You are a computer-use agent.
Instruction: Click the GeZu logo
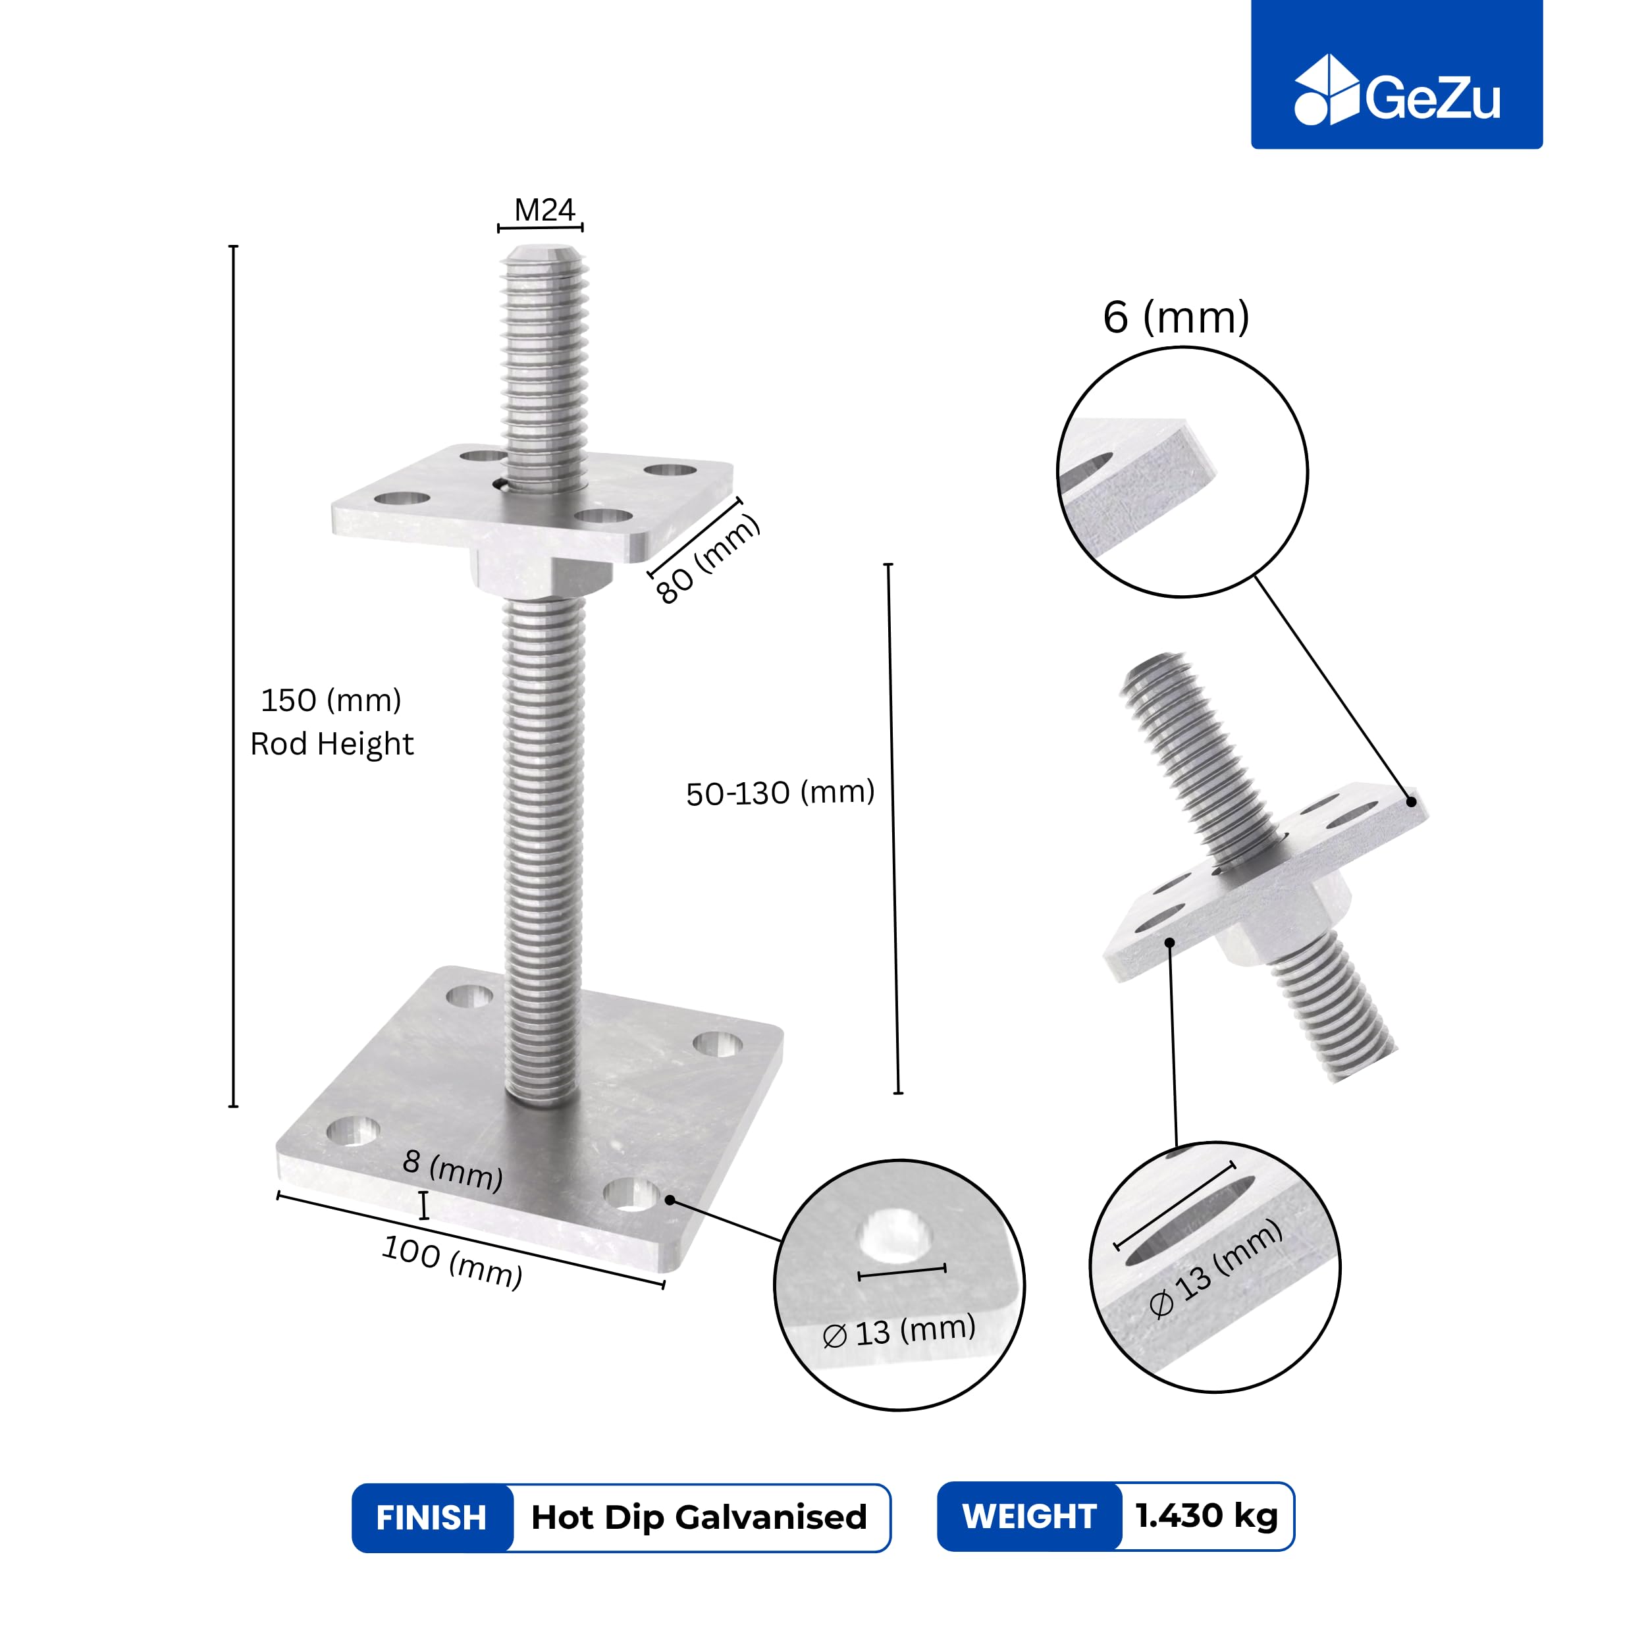pos(1396,91)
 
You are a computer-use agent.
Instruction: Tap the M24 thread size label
pos(544,209)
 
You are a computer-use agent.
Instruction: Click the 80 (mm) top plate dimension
pos(706,559)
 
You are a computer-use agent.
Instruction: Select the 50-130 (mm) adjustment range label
pos(780,792)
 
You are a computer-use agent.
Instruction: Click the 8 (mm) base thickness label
pos(452,1170)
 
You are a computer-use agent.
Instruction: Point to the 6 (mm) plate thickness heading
pos(1176,318)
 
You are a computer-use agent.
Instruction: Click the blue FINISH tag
pos(432,1518)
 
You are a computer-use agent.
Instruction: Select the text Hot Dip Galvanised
pos(699,1518)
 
